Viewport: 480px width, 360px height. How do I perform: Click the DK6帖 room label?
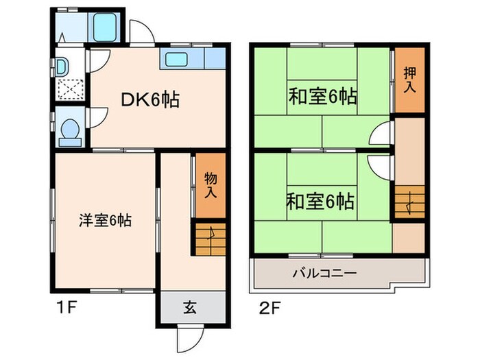[x=150, y=100]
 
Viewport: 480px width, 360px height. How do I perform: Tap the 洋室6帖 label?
[x=105, y=221]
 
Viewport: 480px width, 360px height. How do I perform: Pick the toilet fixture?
[x=69, y=130]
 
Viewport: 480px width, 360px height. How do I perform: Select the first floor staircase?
[x=210, y=240]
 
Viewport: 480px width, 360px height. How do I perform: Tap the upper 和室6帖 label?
[x=322, y=97]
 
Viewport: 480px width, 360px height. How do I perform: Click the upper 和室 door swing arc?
[x=379, y=135]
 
